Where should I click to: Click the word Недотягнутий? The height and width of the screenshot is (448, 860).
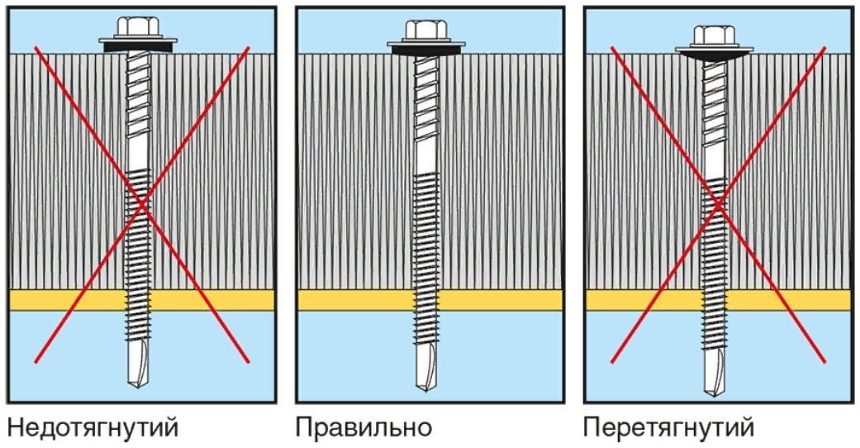(93, 428)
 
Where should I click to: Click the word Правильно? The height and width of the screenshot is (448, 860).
(363, 428)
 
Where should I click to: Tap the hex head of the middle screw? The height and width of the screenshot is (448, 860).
(428, 31)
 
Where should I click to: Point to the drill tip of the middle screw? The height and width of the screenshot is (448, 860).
(428, 367)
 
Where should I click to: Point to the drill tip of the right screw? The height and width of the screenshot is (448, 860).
(715, 376)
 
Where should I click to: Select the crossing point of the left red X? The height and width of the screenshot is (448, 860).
(142, 203)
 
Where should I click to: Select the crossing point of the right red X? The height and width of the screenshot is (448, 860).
(718, 203)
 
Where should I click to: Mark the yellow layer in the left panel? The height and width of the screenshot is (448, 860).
(66, 299)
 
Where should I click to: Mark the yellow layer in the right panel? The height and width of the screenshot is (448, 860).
(644, 299)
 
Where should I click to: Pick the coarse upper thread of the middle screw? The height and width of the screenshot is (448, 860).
(428, 99)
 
